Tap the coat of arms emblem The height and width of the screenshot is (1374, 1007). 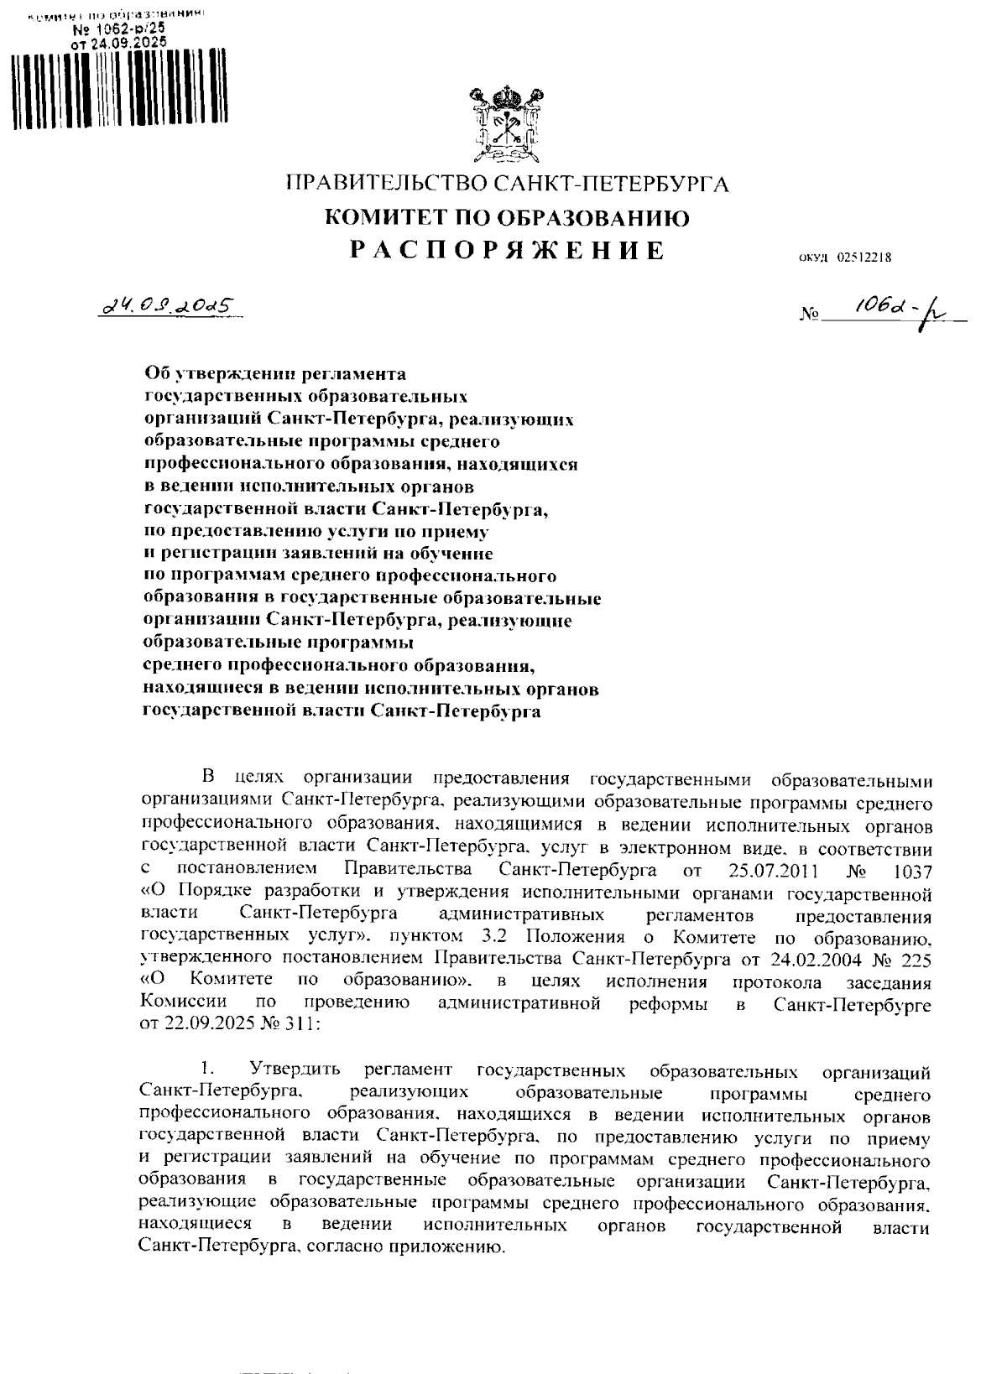point(503,124)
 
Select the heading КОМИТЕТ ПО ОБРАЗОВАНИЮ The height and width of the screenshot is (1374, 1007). point(508,218)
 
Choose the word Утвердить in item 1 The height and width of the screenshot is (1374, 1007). point(295,1070)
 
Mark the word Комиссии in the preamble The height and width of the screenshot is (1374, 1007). point(184,1003)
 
